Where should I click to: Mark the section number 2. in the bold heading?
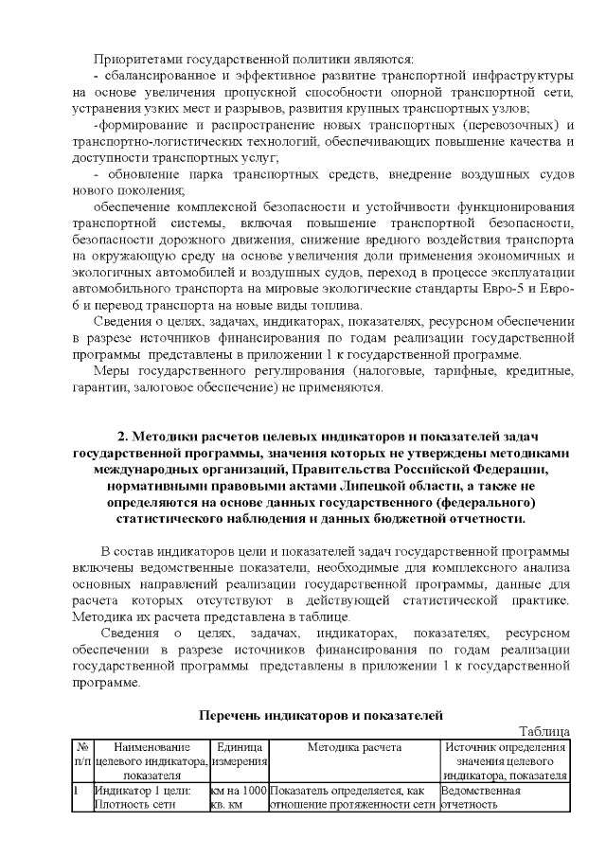click(x=123, y=437)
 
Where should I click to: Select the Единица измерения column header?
click(x=239, y=755)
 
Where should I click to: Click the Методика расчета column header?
click(x=354, y=747)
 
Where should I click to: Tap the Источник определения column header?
click(x=506, y=747)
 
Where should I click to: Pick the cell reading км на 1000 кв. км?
click(x=239, y=797)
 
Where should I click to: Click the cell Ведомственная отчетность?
click(x=481, y=797)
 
